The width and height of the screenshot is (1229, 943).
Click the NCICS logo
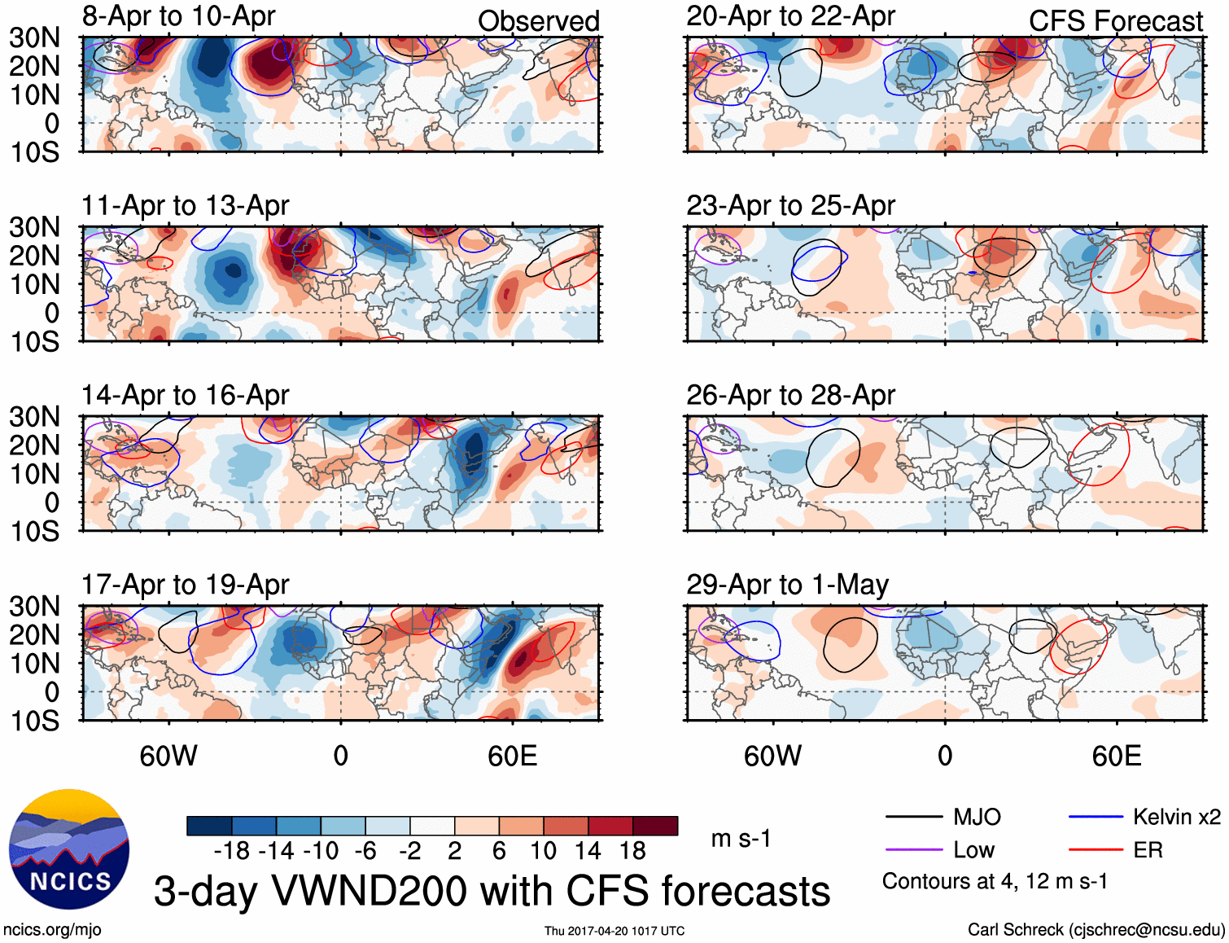point(68,849)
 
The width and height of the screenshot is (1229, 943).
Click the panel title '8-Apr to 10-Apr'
point(178,16)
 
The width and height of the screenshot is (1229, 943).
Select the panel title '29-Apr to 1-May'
point(787,585)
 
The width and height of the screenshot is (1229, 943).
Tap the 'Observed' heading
point(538,21)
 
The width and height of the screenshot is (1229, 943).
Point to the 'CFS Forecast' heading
point(1115,21)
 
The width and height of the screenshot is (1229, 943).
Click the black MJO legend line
point(913,817)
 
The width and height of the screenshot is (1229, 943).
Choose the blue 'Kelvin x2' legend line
point(1096,817)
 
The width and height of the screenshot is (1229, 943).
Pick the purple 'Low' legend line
point(913,850)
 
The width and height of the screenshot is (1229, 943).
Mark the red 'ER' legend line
point(1096,850)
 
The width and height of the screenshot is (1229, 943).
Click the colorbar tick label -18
point(232,851)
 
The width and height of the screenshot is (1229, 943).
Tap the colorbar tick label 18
point(632,851)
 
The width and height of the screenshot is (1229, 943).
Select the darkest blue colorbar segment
point(209,826)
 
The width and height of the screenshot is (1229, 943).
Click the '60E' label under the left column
point(512,756)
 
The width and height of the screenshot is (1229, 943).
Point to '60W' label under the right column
point(772,756)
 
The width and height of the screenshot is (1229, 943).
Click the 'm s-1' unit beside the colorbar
point(741,839)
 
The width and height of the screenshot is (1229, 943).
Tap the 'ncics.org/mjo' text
point(52,930)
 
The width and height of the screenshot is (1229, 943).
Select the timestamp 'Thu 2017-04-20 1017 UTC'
point(614,931)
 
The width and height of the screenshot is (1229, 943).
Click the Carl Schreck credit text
point(1096,930)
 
